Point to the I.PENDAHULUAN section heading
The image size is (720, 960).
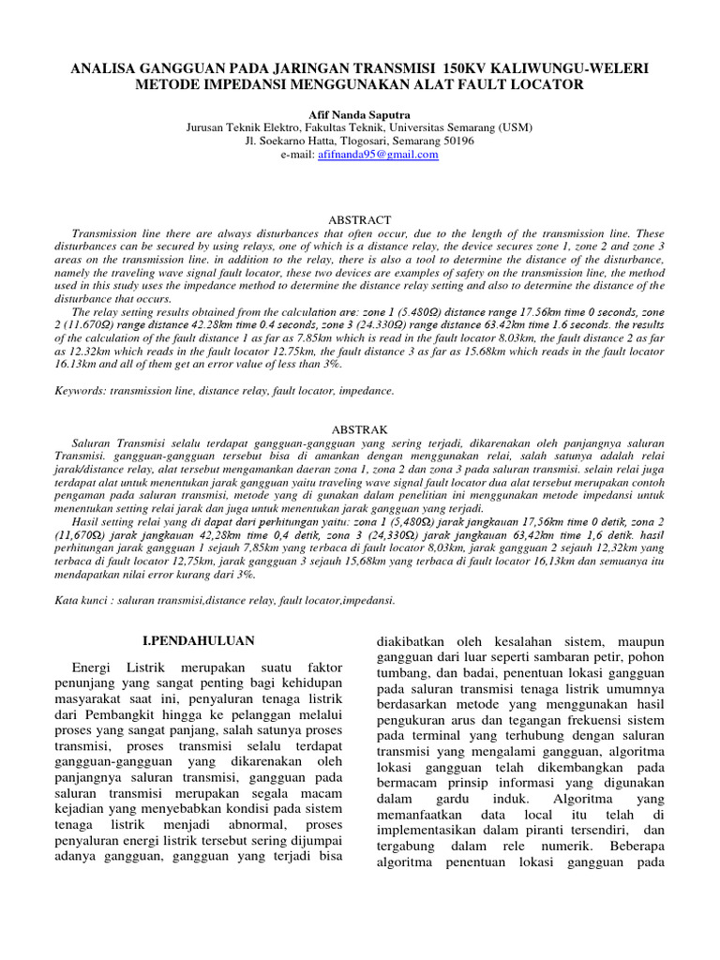[198, 641]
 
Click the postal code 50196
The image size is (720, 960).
[456, 141]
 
